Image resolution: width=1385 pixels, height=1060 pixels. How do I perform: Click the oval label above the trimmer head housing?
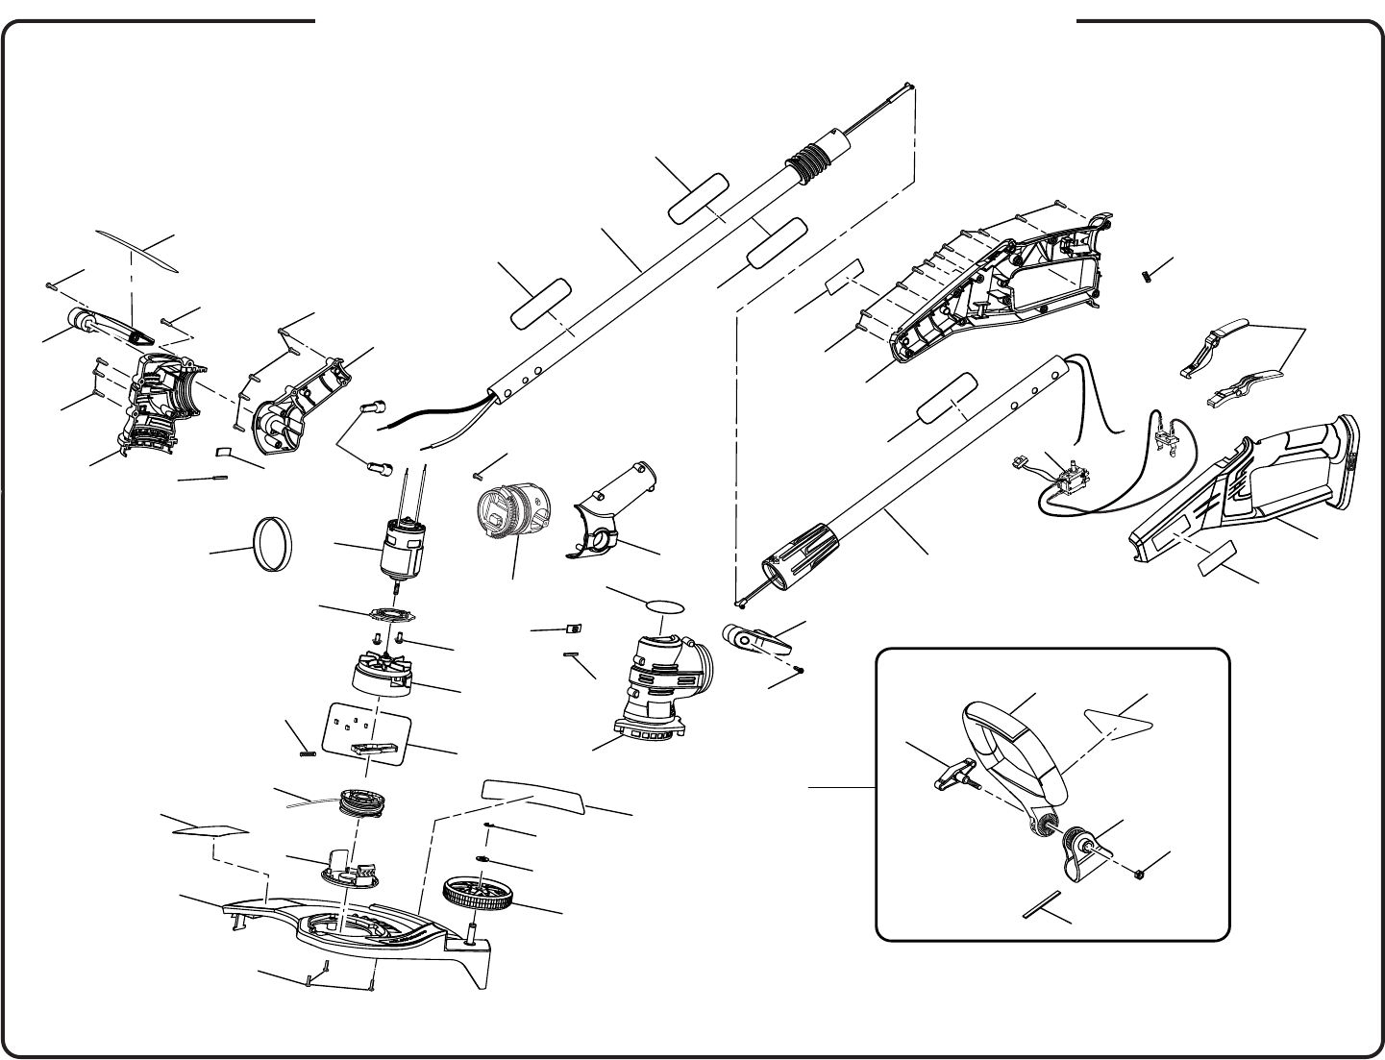(665, 606)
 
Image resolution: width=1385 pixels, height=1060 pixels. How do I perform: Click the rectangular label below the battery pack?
(1217, 560)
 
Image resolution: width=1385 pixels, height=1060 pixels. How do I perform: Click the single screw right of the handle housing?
(1148, 275)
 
